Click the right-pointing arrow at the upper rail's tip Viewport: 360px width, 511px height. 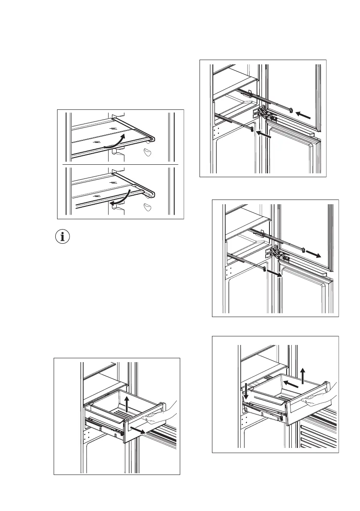[x=316, y=254]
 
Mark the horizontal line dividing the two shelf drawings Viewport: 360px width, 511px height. [x=121, y=164]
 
